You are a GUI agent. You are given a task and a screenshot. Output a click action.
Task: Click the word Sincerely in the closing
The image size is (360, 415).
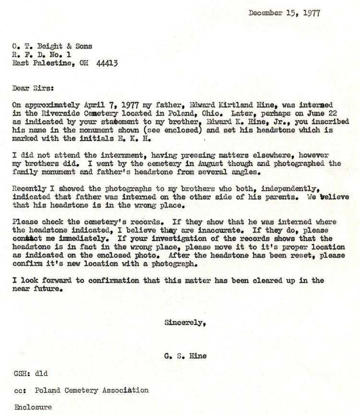(185, 323)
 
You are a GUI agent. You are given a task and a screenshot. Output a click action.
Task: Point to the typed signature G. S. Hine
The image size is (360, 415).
(185, 356)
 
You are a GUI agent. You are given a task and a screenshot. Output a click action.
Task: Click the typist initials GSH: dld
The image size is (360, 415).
(31, 373)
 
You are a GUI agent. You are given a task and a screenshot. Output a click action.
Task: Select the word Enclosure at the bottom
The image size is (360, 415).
(33, 407)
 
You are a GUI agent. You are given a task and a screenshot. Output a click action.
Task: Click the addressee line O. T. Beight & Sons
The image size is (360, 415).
(52, 47)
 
